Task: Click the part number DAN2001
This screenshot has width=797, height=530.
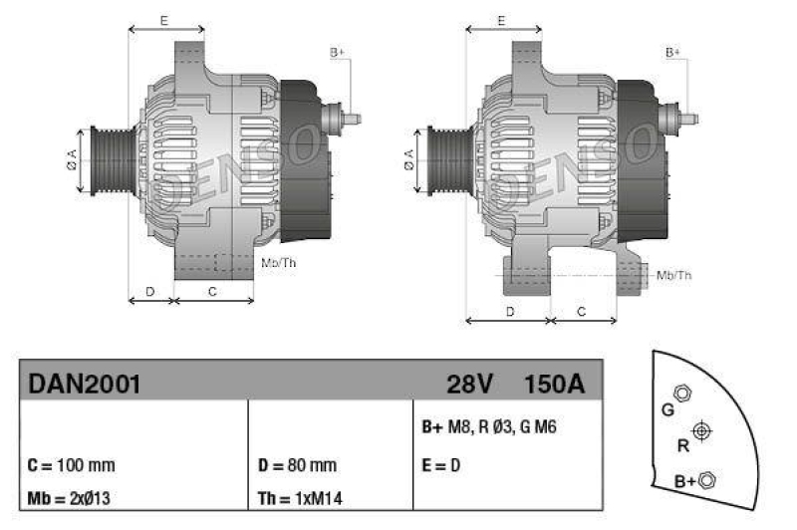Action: click(84, 383)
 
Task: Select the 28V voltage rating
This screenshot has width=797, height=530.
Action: click(469, 383)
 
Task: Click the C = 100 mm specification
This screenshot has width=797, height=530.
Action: click(73, 465)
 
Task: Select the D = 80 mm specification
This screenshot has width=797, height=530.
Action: click(296, 465)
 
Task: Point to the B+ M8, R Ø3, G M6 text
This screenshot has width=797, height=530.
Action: click(488, 426)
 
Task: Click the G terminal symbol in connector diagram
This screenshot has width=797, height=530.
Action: click(681, 393)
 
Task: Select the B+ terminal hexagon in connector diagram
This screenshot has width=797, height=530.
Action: click(707, 480)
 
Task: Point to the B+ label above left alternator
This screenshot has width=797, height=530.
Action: click(337, 52)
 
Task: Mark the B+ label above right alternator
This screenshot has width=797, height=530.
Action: click(673, 52)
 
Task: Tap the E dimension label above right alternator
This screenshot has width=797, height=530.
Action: click(503, 20)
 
